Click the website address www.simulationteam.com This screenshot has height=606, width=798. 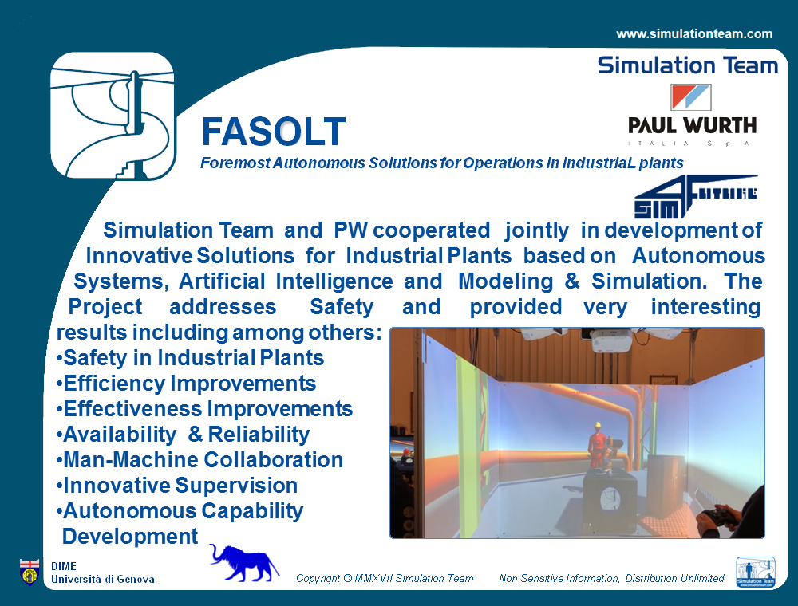click(x=694, y=34)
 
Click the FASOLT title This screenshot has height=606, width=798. click(x=274, y=132)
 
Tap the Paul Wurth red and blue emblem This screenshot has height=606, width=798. click(x=690, y=97)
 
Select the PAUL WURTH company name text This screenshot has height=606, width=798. click(x=692, y=125)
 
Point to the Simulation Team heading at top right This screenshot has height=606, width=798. click(x=688, y=65)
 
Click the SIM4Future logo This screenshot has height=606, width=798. click(x=696, y=196)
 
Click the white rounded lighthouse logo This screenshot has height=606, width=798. click(x=113, y=116)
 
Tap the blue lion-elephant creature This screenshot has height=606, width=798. click(x=243, y=563)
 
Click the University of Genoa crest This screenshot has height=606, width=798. click(x=30, y=572)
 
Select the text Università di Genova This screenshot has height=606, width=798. click(x=103, y=579)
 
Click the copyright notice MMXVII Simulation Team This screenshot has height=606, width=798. click(x=385, y=579)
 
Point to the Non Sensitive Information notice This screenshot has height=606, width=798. click(x=611, y=579)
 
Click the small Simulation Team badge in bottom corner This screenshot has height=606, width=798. click(x=756, y=572)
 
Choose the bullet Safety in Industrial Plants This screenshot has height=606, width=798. click(x=191, y=358)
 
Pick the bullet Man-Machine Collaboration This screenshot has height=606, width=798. click(x=199, y=460)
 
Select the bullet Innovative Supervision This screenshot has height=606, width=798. click(x=177, y=486)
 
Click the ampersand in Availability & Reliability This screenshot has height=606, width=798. click(x=196, y=435)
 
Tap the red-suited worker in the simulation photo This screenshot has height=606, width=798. click(x=598, y=446)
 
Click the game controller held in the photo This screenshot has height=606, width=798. click(x=717, y=517)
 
